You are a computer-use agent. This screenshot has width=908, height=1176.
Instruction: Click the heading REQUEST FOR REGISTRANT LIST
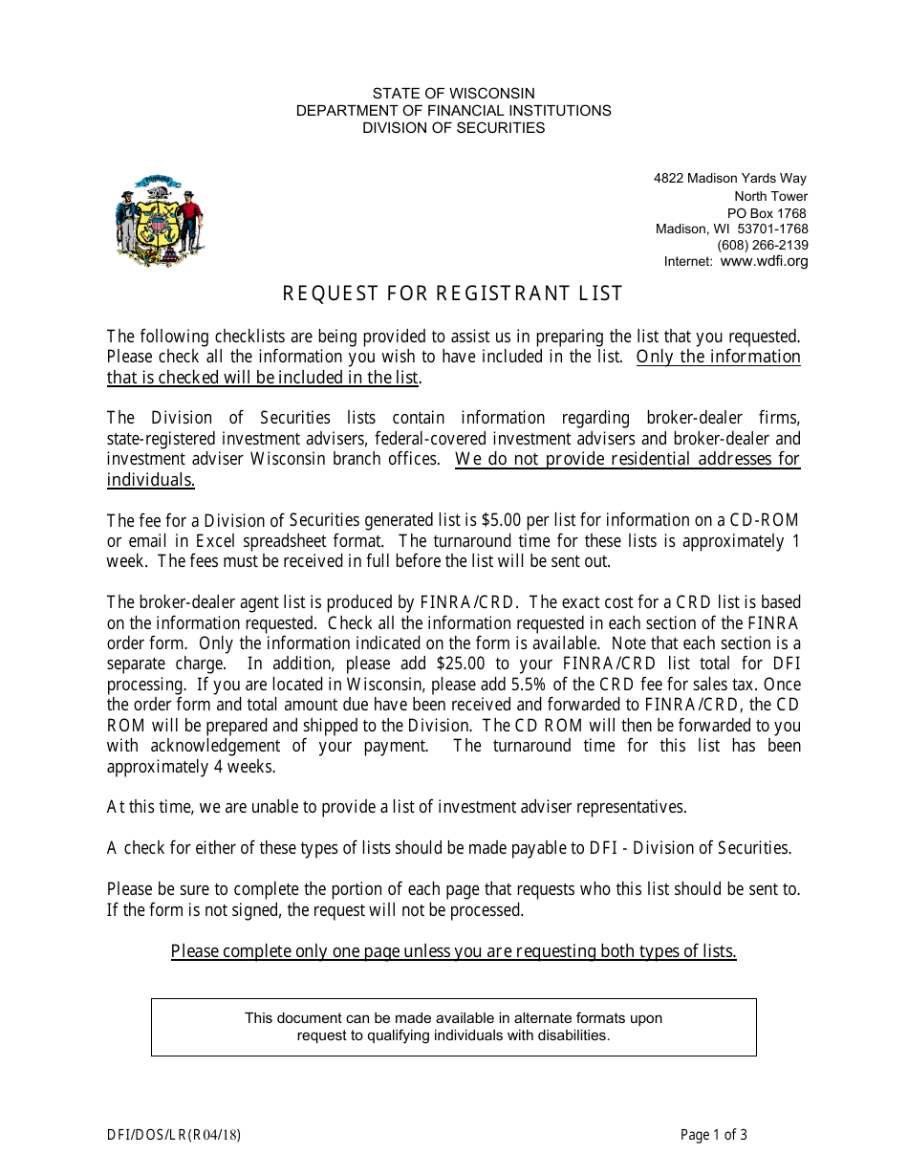pyautogui.click(x=453, y=294)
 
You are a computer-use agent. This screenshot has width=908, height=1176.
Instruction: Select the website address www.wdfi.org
pyautogui.click(x=764, y=261)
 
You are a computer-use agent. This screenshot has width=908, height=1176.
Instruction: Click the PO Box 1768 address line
pyautogui.click(x=767, y=213)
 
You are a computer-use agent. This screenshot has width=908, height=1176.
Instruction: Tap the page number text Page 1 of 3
pyautogui.click(x=713, y=1135)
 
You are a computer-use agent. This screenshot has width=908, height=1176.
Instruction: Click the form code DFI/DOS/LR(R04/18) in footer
pyautogui.click(x=174, y=1135)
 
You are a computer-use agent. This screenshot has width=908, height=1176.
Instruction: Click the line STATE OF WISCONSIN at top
pyautogui.click(x=453, y=93)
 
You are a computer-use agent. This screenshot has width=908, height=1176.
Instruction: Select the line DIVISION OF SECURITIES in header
pyautogui.click(x=453, y=127)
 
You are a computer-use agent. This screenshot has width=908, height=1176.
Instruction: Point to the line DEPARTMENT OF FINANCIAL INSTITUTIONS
pyautogui.click(x=453, y=110)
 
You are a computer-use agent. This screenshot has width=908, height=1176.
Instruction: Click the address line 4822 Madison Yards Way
pyautogui.click(x=730, y=178)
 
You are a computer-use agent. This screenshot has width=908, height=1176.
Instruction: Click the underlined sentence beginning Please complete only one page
pyautogui.click(x=453, y=951)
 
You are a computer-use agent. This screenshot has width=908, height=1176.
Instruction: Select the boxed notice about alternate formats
pyautogui.click(x=453, y=1027)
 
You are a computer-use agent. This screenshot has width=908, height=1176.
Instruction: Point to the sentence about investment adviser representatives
pyautogui.click(x=397, y=807)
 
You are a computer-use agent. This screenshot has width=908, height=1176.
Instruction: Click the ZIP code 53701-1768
pyautogui.click(x=772, y=229)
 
